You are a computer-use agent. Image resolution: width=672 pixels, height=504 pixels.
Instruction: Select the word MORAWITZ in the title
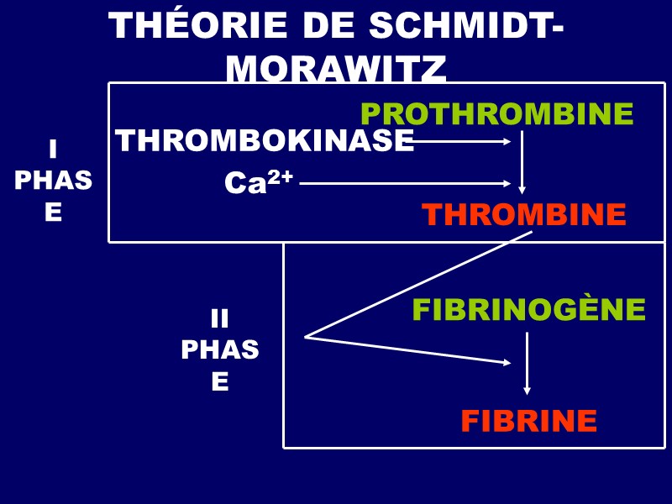336,71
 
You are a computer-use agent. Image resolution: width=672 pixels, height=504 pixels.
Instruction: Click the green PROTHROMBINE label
496,113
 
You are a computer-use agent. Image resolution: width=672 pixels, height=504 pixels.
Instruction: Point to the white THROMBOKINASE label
265,141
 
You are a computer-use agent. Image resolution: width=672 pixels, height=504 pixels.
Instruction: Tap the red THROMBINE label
524,215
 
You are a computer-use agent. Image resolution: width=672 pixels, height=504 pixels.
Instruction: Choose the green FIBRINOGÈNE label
528,310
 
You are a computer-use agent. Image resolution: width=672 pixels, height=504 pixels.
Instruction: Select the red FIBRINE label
528,421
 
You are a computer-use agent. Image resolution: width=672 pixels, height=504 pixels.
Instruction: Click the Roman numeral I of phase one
53,150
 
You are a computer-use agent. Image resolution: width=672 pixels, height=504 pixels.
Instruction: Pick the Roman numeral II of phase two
219,318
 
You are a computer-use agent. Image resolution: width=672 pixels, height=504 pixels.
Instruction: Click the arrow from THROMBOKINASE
462,141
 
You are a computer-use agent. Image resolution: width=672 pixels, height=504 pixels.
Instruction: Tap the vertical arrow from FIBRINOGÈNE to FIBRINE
527,364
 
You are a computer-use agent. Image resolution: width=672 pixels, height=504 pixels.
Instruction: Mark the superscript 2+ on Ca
281,176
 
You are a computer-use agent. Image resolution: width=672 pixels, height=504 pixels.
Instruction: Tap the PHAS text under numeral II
219,349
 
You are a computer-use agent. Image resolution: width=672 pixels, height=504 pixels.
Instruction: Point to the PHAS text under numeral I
53,181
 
